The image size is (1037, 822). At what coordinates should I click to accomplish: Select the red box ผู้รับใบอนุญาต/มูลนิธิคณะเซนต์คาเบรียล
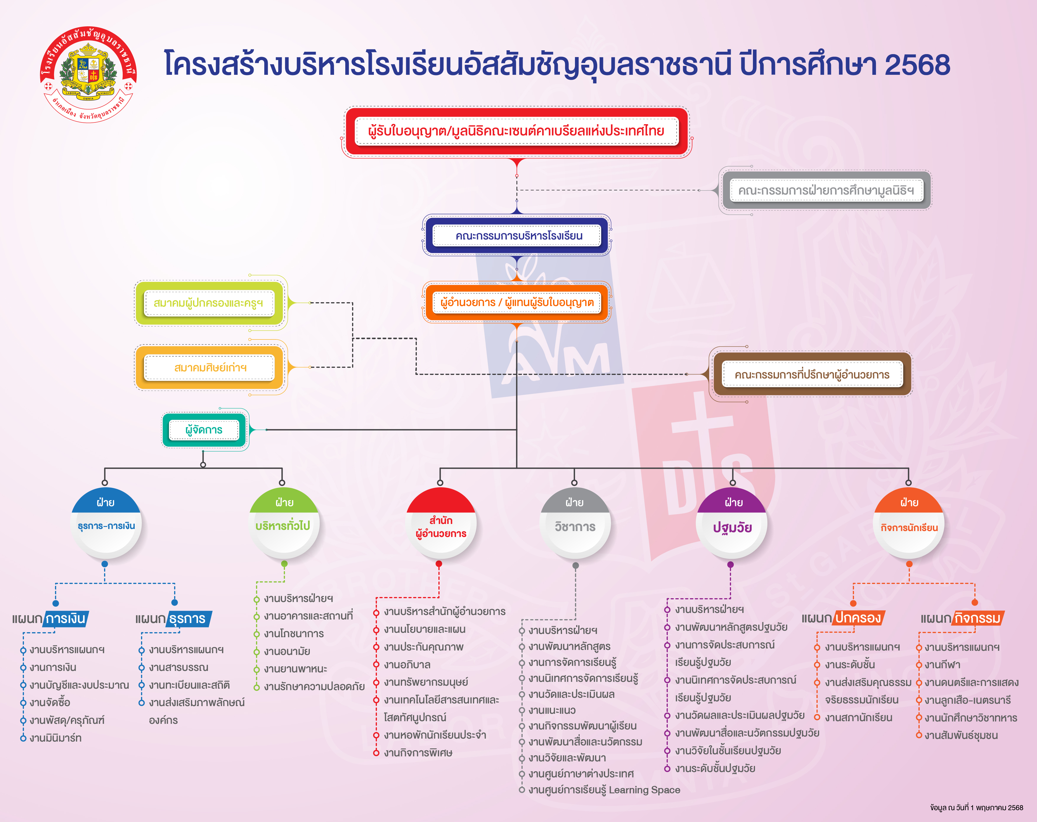click(x=516, y=131)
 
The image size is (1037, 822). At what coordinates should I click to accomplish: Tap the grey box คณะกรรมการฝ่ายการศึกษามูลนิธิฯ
click(x=825, y=190)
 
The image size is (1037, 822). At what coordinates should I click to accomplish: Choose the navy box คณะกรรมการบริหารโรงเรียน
click(x=516, y=235)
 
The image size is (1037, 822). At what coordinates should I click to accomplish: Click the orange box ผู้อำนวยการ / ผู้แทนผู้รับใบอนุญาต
click(x=516, y=302)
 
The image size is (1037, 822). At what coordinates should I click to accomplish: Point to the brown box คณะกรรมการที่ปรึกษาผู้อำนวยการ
click(x=812, y=374)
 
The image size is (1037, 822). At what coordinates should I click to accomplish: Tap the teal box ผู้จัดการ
click(x=204, y=430)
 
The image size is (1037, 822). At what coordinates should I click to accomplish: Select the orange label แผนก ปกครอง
click(x=843, y=618)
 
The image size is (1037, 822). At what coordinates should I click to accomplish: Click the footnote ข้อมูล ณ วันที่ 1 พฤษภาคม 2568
click(x=976, y=808)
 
